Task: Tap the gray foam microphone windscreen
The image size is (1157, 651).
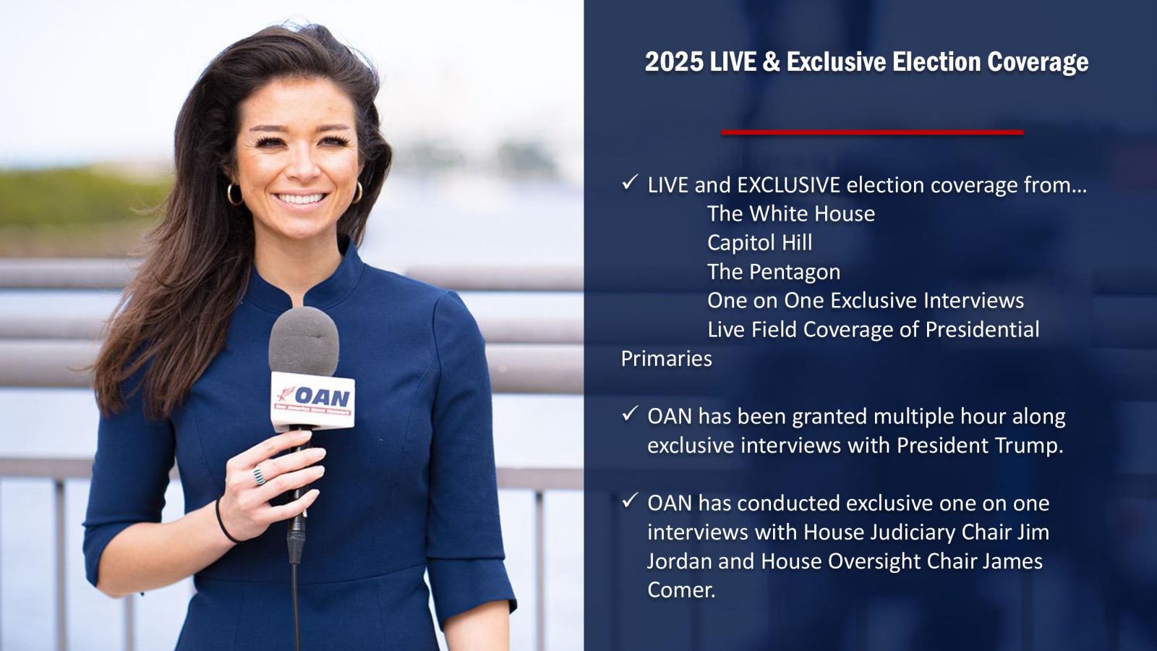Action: [x=304, y=341]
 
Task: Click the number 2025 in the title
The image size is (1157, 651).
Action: [x=673, y=62]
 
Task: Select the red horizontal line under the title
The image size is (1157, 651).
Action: [x=872, y=133]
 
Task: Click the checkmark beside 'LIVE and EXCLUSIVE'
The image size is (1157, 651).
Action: [x=630, y=183]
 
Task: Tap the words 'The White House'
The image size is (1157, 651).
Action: [x=791, y=213]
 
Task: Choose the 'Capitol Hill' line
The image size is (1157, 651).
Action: [x=759, y=243]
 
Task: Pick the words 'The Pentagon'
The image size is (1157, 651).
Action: [x=774, y=272]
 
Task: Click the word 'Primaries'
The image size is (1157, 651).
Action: [x=666, y=359]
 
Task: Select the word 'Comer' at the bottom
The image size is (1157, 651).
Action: [x=681, y=590]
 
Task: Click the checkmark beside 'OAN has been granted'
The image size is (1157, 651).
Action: [x=630, y=414]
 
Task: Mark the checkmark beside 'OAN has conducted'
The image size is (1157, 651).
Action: [x=630, y=501]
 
